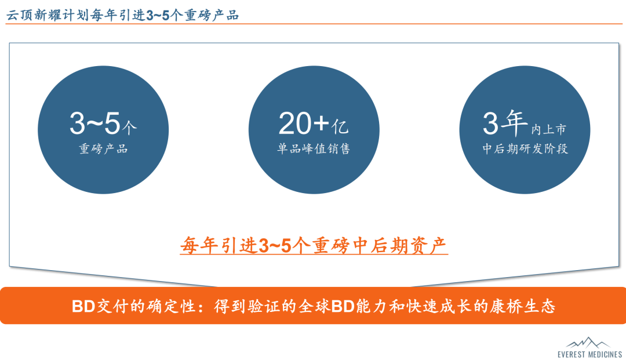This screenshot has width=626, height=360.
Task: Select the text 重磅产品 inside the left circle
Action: click(103, 149)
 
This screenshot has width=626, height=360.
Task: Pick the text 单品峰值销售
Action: click(314, 149)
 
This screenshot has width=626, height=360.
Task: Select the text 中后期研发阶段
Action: click(525, 149)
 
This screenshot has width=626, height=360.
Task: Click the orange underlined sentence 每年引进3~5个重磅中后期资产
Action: click(314, 246)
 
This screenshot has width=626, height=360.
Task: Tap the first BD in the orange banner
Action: click(83, 306)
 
